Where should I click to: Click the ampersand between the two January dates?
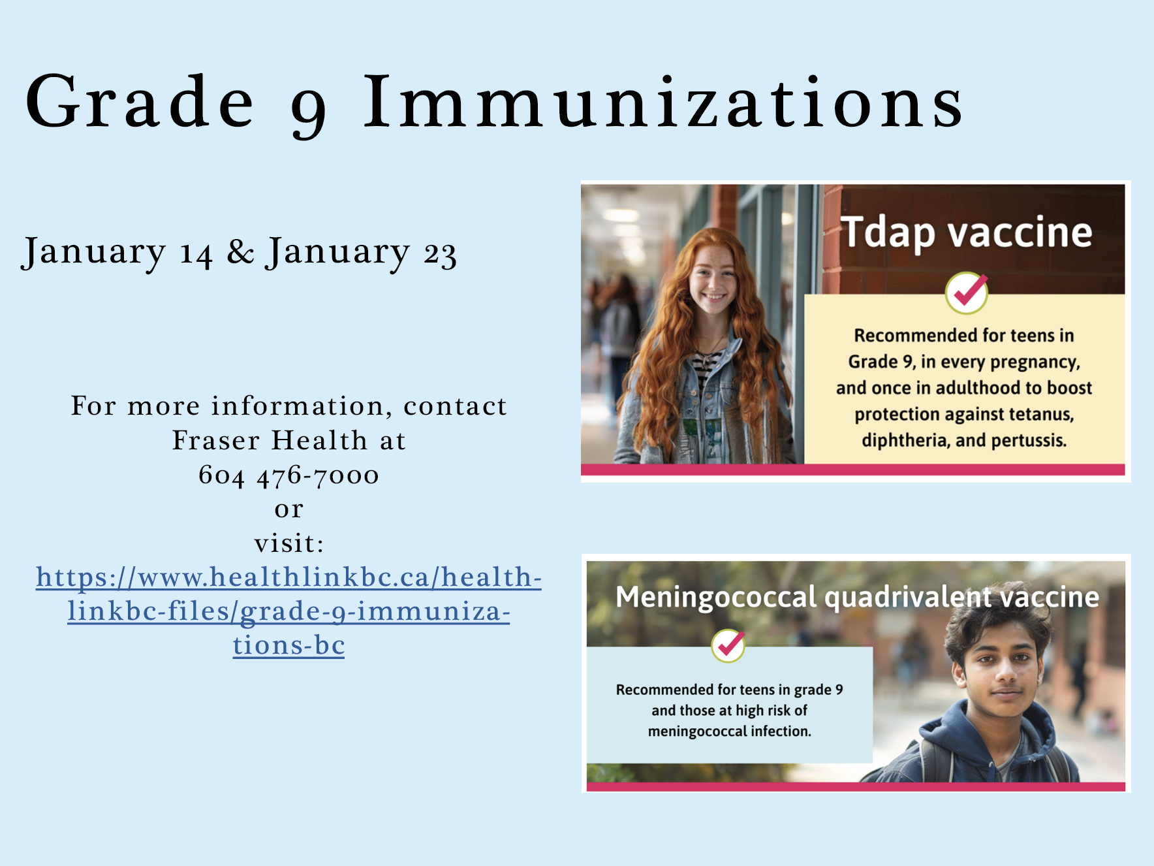point(240,252)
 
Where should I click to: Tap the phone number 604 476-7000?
point(288,475)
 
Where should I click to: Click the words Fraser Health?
point(270,441)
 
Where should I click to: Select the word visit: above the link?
point(288,543)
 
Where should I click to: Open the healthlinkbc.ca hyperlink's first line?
point(288,577)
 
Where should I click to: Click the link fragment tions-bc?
point(288,645)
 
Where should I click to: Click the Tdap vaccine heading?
point(966,233)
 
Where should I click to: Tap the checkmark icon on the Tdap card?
point(967,293)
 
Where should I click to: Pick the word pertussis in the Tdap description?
point(1029,440)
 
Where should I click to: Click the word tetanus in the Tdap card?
point(1041,414)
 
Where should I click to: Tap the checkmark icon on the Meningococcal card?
point(728,645)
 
